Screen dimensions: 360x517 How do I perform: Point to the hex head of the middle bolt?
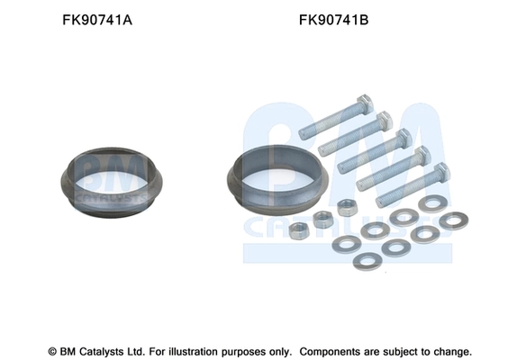tap(404, 139)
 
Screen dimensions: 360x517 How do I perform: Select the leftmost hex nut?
tap(304, 230)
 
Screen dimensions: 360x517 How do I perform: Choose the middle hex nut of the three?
tap(322, 217)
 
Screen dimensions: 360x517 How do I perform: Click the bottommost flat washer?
tap(367, 261)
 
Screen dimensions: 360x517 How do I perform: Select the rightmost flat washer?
tap(455, 220)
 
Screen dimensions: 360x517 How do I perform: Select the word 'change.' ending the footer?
tap(450, 350)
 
